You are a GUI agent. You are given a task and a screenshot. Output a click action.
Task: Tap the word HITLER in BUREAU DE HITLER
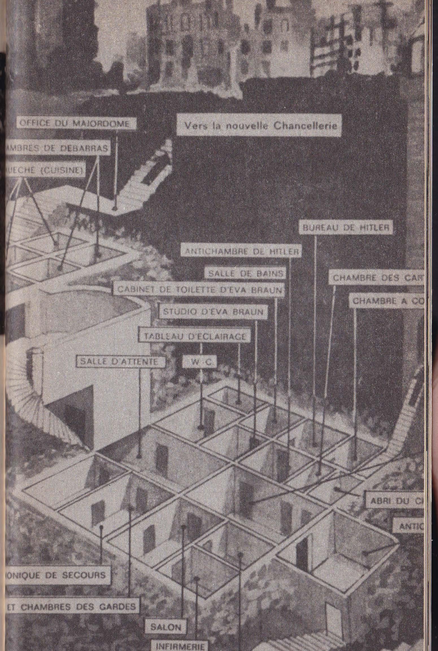[x=373, y=228]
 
